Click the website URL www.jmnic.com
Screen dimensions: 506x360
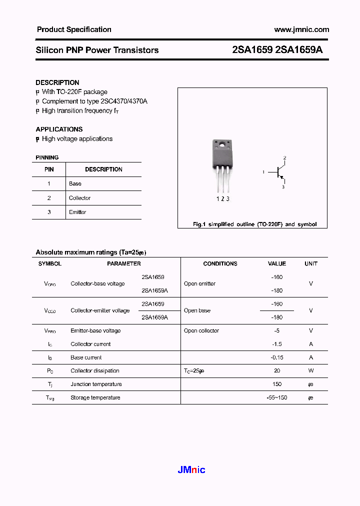pyautogui.click(x=301, y=29)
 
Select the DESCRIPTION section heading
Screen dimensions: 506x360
pyautogui.click(x=57, y=82)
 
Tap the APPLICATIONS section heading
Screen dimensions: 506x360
pyautogui.click(x=59, y=129)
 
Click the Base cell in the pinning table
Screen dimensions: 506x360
pyautogui.click(x=75, y=183)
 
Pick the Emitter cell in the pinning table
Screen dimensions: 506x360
pyautogui.click(x=77, y=212)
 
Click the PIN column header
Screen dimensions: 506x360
pyautogui.click(x=49, y=169)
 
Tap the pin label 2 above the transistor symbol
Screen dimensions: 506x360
pyautogui.click(x=284, y=158)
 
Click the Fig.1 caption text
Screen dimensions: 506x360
pyautogui.click(x=254, y=224)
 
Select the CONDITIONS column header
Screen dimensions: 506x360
pyautogui.click(x=220, y=263)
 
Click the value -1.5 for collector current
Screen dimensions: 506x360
pyautogui.click(x=276, y=344)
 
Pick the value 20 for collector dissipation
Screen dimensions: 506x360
pyautogui.click(x=277, y=371)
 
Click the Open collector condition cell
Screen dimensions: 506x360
pyautogui.click(x=201, y=330)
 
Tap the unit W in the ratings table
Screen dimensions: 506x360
pyautogui.click(x=310, y=371)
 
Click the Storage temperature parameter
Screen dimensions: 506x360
pyautogui.click(x=95, y=397)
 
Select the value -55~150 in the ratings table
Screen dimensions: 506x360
pyautogui.click(x=276, y=397)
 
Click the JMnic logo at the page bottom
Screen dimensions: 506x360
pyautogui.click(x=191, y=469)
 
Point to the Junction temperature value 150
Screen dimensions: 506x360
pyautogui.click(x=277, y=384)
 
